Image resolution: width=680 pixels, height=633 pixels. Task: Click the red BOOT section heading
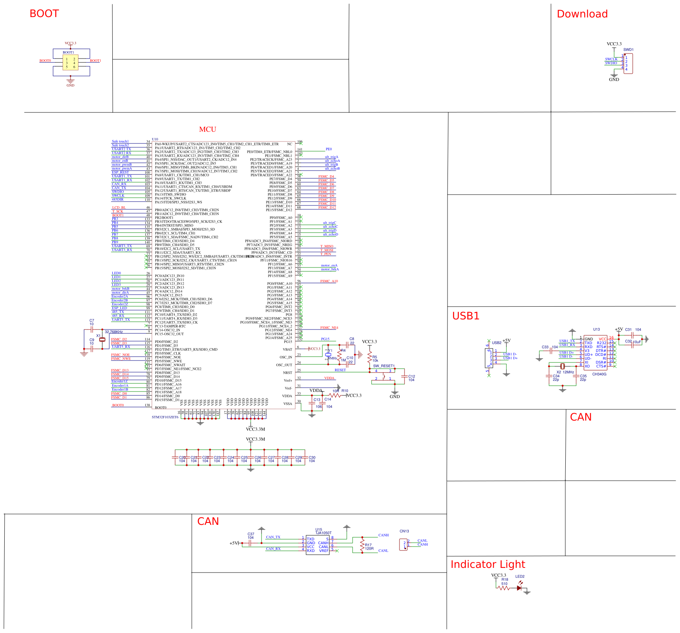[x=44, y=14]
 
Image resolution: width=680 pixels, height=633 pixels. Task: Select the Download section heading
[x=582, y=14]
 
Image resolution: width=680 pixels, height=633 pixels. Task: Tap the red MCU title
[x=207, y=129]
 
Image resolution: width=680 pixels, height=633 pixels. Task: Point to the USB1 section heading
[x=466, y=316]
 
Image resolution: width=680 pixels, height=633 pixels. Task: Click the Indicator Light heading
[x=488, y=564]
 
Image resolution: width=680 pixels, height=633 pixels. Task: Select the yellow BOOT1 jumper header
[x=71, y=62]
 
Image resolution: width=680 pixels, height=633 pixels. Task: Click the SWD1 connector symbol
[x=628, y=64]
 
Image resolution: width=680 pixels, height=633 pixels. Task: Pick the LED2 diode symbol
[x=519, y=588]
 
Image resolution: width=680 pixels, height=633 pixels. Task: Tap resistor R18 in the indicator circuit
[x=503, y=588]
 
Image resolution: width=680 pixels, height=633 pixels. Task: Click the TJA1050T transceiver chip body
[x=318, y=545]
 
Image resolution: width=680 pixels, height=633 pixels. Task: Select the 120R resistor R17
[x=362, y=545]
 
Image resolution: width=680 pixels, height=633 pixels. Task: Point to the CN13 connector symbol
[x=403, y=545]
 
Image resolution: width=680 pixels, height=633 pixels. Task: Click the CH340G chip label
[x=599, y=374]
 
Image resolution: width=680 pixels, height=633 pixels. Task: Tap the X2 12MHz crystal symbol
[x=563, y=366]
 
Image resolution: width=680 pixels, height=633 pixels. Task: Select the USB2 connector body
[x=489, y=358]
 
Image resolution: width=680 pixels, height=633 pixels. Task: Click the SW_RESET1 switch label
[x=384, y=366]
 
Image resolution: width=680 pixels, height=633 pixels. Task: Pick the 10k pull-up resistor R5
[x=370, y=359]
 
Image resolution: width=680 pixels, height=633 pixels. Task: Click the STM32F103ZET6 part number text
[x=165, y=417]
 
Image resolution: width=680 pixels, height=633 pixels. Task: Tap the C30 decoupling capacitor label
[x=312, y=457]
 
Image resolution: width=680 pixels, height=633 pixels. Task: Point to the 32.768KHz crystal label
[x=114, y=332]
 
